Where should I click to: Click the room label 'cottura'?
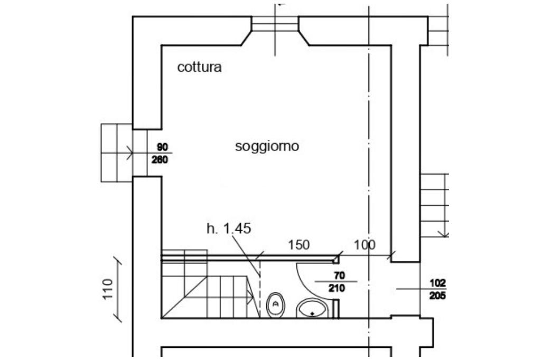coord(199,68)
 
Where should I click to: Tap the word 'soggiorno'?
coord(267,146)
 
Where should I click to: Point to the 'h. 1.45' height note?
coord(228,229)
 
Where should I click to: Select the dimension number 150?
coord(299,245)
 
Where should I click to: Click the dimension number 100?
coord(365,245)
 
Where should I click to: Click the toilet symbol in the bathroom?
coord(275,305)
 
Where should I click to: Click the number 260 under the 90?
coord(160,159)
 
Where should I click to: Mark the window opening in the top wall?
coord(275,24)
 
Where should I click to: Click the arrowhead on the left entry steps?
coord(130,154)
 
